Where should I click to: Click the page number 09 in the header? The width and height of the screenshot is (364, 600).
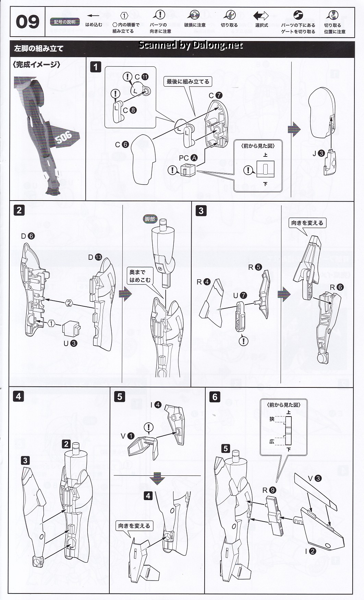pos(27,22)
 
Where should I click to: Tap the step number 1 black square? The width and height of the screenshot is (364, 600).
pos(96,67)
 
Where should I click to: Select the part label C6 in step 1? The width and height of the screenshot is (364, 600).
pos(122,144)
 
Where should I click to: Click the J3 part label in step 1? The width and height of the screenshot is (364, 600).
pos(318,153)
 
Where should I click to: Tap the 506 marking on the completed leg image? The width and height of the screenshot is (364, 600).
pos(64,138)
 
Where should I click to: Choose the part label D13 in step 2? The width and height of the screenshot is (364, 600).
pos(95,257)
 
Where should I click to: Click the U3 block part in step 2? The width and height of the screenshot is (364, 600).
pos(71,329)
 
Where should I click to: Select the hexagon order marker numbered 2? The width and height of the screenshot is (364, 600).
pos(69,303)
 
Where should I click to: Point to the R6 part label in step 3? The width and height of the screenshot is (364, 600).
pos(337,287)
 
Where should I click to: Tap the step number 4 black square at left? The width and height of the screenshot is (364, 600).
pos(19,396)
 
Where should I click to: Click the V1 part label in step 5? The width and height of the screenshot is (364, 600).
pos(127,436)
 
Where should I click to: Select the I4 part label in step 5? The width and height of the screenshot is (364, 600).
pos(156,405)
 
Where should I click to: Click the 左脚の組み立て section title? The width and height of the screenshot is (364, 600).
pos(39,48)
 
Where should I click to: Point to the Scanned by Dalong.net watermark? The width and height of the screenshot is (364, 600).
pos(191,45)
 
